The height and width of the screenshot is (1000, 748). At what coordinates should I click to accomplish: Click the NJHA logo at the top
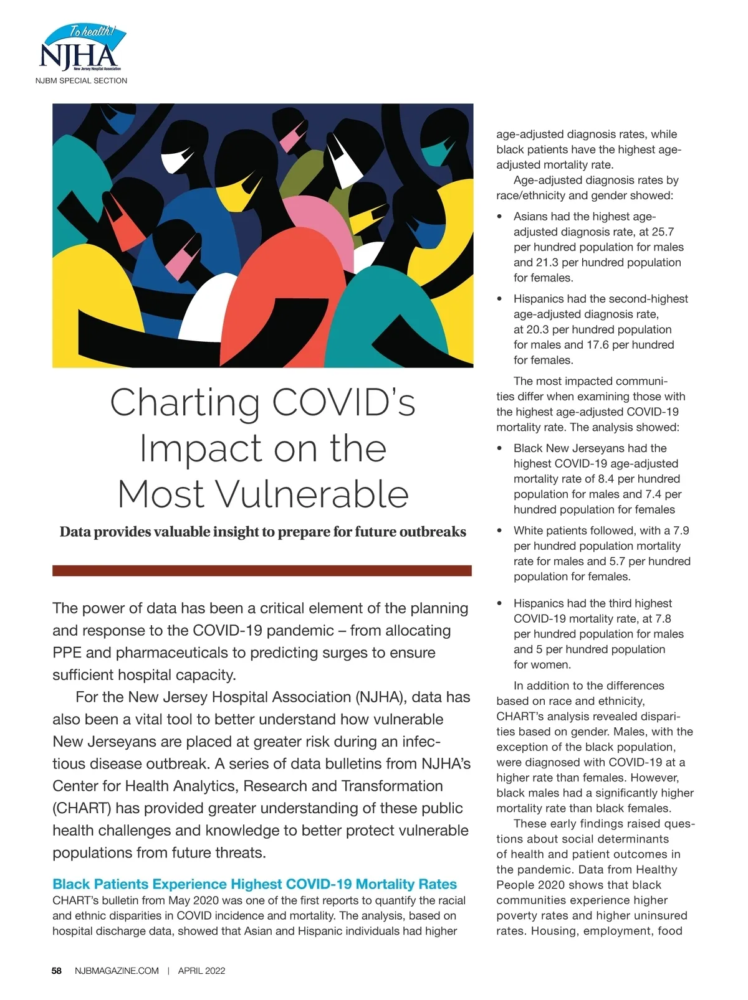coord(82,49)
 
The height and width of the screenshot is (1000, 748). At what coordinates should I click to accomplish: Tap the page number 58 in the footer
coord(57,970)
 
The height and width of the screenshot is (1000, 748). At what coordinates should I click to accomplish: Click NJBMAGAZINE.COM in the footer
coord(117,970)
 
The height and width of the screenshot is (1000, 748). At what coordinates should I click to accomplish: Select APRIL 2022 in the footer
coord(201,970)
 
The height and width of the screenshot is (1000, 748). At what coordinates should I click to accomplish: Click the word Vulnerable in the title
coord(312,494)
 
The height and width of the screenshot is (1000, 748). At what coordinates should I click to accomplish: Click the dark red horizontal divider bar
coord(262,570)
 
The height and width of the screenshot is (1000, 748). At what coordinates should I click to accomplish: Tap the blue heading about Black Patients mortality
coord(254,884)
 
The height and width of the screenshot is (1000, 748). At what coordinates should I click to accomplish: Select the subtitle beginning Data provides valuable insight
coord(262,532)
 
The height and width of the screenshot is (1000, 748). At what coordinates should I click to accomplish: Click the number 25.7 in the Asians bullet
coord(662,232)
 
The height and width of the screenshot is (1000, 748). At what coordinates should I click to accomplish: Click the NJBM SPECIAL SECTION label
coord(81,80)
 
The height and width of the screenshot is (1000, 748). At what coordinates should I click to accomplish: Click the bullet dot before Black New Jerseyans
coord(499,448)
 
